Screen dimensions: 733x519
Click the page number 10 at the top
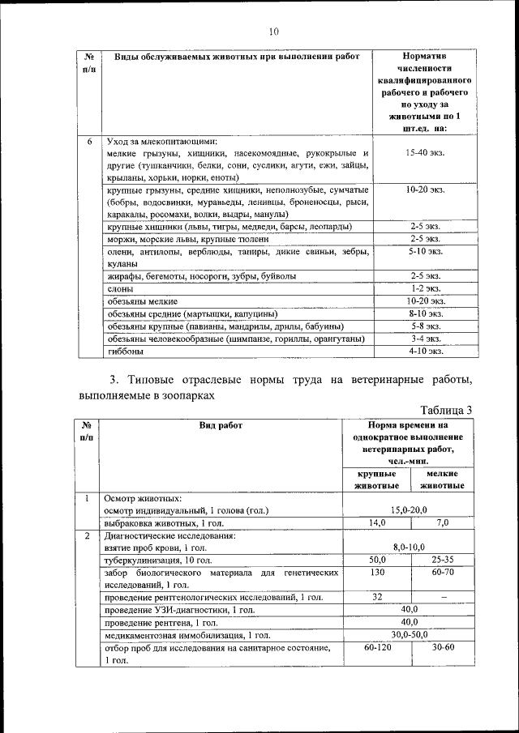[272, 32]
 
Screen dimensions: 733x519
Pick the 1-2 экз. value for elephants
[424, 288]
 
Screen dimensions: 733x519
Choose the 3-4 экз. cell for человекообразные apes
[424, 339]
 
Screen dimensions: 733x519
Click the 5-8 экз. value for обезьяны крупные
[424, 326]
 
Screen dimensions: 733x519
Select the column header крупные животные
[377, 479]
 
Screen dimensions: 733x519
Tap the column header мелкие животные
[442, 479]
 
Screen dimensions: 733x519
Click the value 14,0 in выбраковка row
[377, 523]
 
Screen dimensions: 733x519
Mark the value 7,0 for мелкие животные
[442, 523]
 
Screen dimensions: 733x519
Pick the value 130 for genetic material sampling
[377, 573]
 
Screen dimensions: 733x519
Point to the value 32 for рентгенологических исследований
[377, 597]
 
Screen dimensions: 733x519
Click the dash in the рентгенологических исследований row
[443, 597]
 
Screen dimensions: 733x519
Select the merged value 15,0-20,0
[410, 510]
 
